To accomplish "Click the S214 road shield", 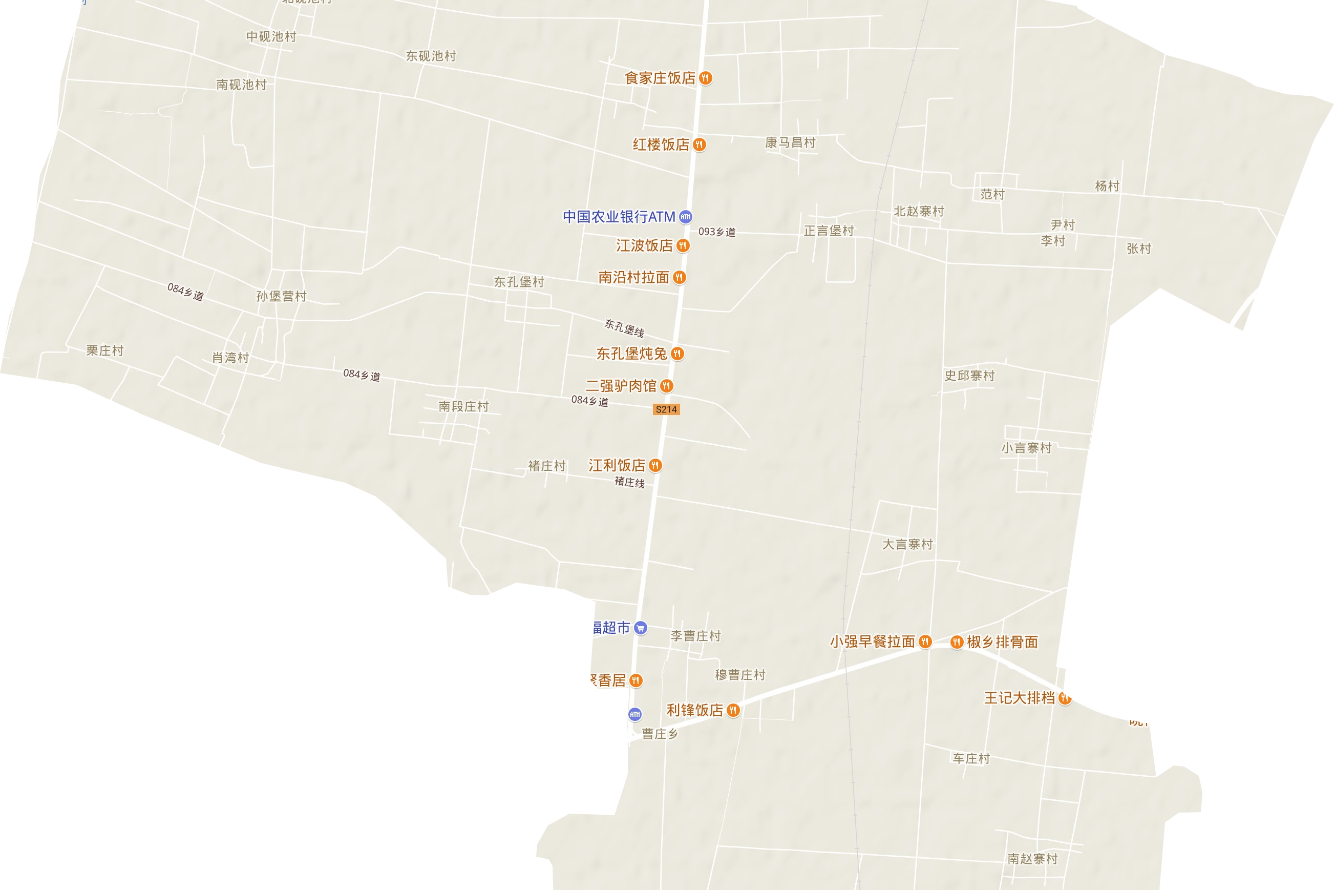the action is click(666, 409).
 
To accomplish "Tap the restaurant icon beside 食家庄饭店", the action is click(706, 78).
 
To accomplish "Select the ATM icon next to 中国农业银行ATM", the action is click(686, 216).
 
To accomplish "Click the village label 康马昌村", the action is click(790, 142).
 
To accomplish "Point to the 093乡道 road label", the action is click(717, 232).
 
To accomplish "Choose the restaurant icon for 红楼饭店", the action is click(700, 144).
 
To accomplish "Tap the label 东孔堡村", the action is click(519, 281).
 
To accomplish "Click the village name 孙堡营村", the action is click(281, 296).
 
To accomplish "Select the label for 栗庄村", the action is click(105, 350).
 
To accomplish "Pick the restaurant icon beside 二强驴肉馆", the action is click(667, 386).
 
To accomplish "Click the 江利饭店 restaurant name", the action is click(617, 465).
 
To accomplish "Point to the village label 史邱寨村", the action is click(969, 375).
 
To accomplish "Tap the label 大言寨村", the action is click(907, 544).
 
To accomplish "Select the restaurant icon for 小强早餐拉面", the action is click(925, 642).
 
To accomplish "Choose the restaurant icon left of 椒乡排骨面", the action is click(957, 642).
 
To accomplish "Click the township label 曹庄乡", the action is click(660, 734).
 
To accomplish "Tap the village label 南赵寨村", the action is click(1032, 859).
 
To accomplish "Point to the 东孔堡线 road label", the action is click(624, 327).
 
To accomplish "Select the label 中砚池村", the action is click(271, 36).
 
